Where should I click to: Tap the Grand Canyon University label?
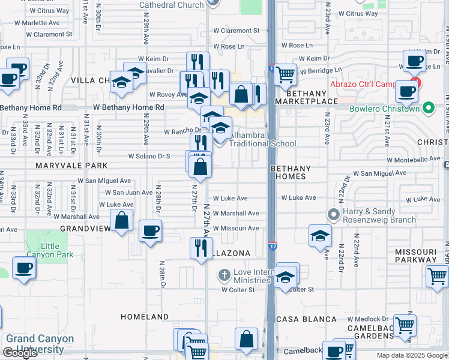(40, 343)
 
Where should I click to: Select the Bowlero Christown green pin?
(428, 109)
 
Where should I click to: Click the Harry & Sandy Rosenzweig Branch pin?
(333, 214)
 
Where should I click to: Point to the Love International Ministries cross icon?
(224, 275)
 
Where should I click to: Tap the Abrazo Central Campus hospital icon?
(413, 82)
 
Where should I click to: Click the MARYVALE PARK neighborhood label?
(71, 165)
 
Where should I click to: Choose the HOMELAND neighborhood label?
(145, 316)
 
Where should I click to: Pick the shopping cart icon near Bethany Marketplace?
(286, 75)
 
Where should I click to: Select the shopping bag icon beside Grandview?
(121, 220)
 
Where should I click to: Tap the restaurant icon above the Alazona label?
(201, 247)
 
